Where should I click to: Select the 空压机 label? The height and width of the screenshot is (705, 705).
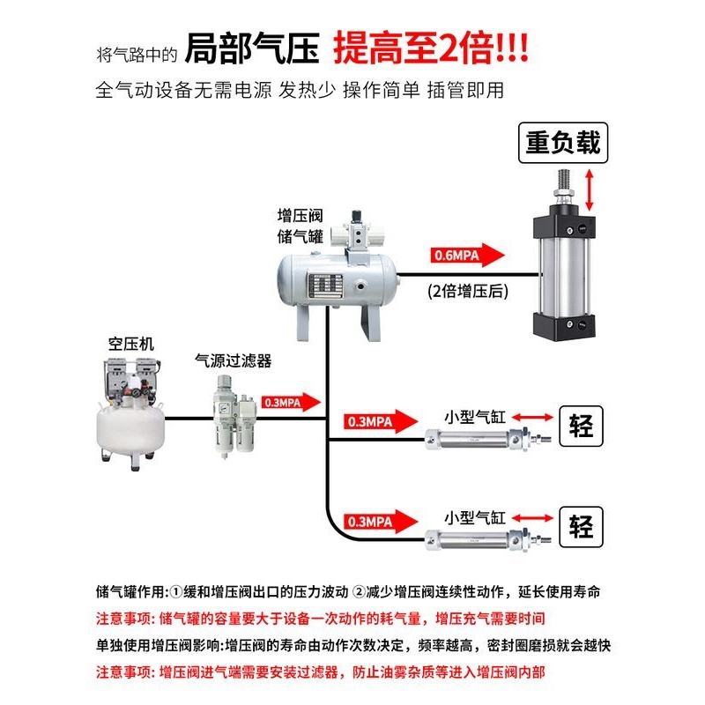tap(130, 344)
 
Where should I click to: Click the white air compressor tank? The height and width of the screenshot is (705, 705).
tap(130, 427)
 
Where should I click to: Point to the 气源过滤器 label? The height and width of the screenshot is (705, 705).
tap(233, 360)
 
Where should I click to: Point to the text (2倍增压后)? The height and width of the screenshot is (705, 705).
tap(468, 292)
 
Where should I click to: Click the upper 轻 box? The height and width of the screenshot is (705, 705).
tap(583, 428)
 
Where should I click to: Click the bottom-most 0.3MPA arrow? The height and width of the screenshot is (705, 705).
tap(378, 520)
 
